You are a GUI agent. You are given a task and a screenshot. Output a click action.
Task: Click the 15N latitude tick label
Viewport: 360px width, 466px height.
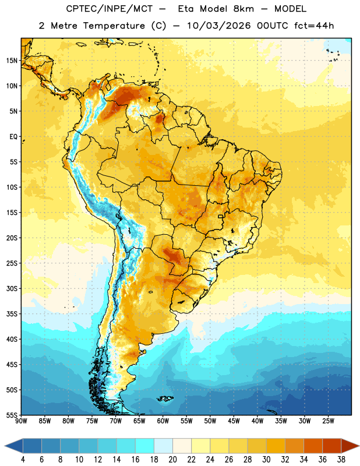pyautogui.click(x=12, y=61)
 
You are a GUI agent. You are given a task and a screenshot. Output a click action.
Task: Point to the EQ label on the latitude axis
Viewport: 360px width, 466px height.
pyautogui.click(x=13, y=137)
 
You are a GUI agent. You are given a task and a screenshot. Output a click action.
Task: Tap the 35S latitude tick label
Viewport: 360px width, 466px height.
pyautogui.click(x=12, y=314)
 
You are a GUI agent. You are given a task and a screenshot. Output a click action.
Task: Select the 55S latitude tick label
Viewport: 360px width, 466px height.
pyautogui.click(x=12, y=415)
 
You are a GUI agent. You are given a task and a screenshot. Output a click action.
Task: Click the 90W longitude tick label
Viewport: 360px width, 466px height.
pyautogui.click(x=21, y=421)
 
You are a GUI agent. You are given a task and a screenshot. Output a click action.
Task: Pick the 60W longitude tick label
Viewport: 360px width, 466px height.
pyautogui.click(x=163, y=421)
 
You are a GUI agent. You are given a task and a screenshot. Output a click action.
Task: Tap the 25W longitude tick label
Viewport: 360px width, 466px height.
pyautogui.click(x=328, y=421)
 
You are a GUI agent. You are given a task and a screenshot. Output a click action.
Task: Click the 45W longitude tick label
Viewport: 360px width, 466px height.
pyautogui.click(x=234, y=421)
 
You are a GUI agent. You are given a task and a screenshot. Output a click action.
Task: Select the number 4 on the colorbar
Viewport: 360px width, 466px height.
pyautogui.click(x=23, y=460)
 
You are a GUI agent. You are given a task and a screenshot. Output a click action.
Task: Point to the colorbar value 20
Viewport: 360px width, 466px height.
pyautogui.click(x=172, y=460)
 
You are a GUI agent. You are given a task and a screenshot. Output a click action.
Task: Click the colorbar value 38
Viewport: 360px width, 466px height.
pyautogui.click(x=341, y=460)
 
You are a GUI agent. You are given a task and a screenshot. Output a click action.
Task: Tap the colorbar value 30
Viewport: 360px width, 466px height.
pyautogui.click(x=266, y=460)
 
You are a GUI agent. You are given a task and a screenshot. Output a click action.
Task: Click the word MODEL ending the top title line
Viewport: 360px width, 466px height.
pyautogui.click(x=290, y=9)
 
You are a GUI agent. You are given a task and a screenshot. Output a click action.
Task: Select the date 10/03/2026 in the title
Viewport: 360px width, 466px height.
pyautogui.click(x=219, y=26)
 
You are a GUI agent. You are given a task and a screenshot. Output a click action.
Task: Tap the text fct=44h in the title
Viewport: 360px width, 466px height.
pyautogui.click(x=314, y=26)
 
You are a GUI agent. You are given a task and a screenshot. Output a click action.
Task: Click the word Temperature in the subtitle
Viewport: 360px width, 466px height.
pyautogui.click(x=114, y=26)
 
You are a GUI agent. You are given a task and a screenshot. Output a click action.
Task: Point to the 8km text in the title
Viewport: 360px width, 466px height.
pyautogui.click(x=243, y=9)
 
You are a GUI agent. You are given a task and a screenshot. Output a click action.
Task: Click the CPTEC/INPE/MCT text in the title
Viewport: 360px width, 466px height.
pyautogui.click(x=109, y=9)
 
